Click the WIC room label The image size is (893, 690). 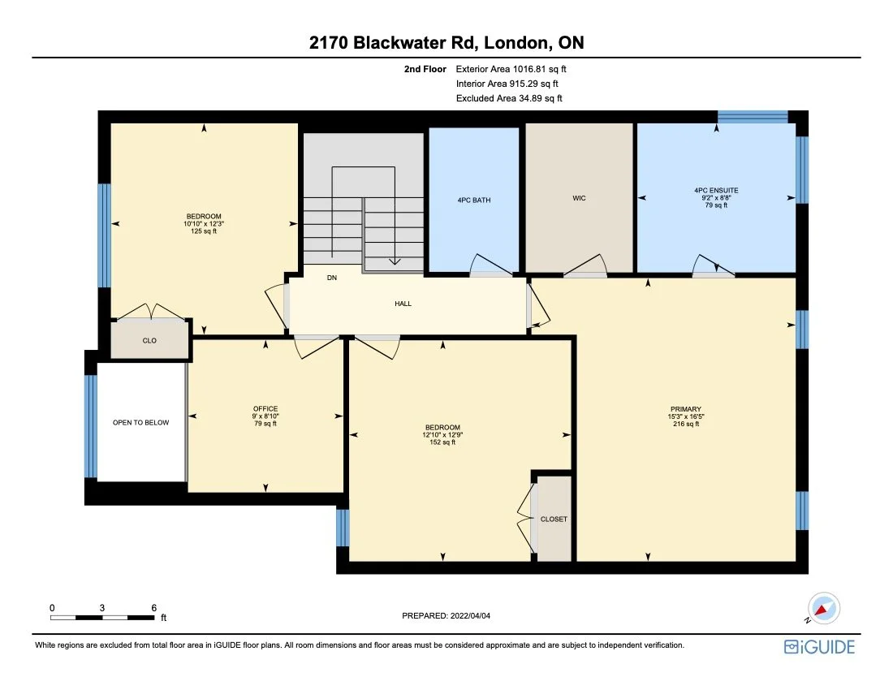coord(579,198)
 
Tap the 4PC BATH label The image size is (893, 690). coord(473,200)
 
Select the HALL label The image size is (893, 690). coord(403,304)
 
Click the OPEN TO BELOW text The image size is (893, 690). coord(141,423)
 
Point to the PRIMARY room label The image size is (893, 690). coord(686,409)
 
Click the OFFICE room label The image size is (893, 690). coord(265,408)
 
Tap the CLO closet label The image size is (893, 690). coord(149,341)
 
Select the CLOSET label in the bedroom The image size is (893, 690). coord(554,519)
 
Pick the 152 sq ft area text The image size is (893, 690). coord(442,442)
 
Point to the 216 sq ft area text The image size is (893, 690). coord(686,424)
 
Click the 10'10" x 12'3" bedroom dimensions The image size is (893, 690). coord(203,223)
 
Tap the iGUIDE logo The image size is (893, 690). coord(819,647)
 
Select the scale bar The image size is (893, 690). coord(102,618)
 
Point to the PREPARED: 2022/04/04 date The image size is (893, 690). coord(446,616)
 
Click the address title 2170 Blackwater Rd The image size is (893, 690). coord(446,43)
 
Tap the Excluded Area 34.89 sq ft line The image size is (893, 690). coord(510,98)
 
